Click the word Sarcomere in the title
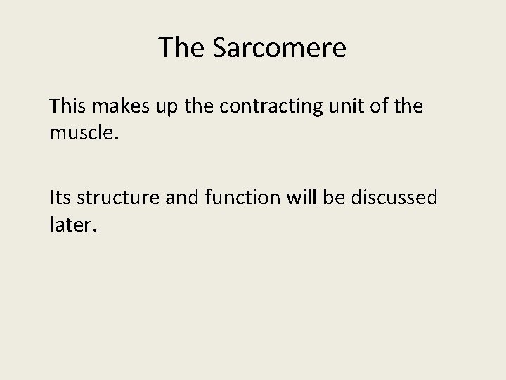[279, 48]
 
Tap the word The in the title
[182, 48]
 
